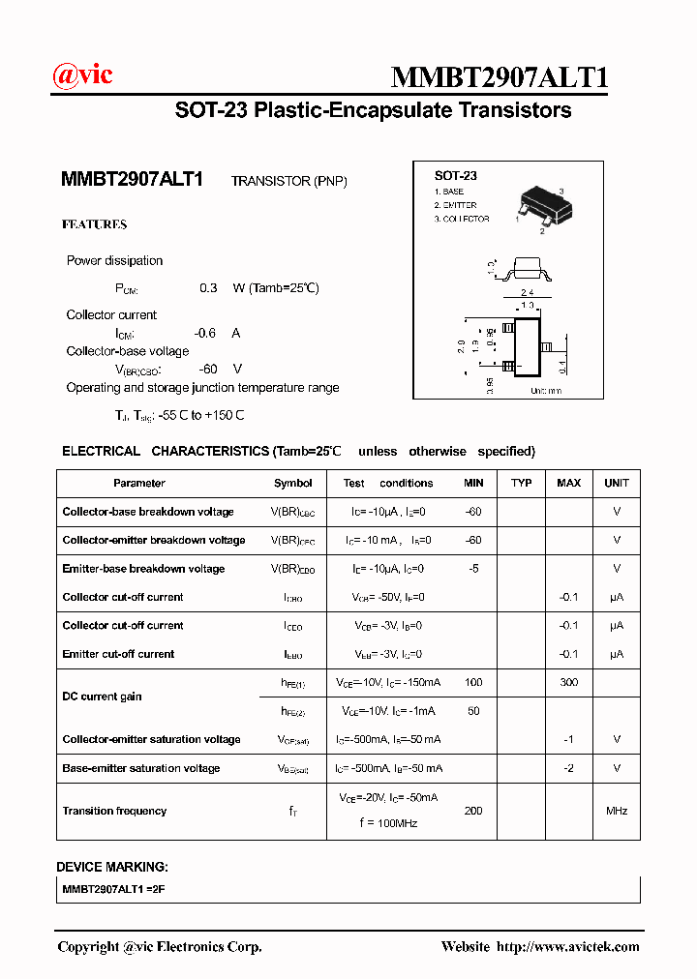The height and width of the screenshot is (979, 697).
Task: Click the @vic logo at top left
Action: pos(81,74)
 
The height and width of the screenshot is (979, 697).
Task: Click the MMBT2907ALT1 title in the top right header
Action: pos(499,77)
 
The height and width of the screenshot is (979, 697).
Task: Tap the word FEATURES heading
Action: pos(94,224)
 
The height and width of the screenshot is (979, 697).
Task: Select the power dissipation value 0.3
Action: pos(208,288)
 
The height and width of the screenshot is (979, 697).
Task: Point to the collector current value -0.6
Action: pos(204,333)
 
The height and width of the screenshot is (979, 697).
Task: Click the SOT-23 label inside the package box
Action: pos(455,176)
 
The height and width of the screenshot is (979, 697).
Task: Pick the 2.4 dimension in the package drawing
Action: pos(528,292)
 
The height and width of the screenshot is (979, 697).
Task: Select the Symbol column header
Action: pos(292,483)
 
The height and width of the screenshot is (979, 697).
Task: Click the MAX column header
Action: pos(568,483)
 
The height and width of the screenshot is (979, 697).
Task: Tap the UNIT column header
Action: pos(616,483)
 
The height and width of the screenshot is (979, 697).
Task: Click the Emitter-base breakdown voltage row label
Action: pos(143,569)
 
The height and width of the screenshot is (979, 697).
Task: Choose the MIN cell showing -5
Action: pos(473,569)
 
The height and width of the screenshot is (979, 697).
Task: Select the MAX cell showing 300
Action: pos(568,683)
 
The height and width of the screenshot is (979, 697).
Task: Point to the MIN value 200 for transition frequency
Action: pos(473,811)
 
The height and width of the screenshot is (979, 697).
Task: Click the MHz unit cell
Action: pos(616,811)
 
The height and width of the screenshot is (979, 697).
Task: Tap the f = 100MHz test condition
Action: pos(388,823)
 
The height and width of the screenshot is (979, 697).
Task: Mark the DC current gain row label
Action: pos(103,697)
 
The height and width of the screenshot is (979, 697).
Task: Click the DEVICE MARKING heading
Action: pos(111,867)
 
